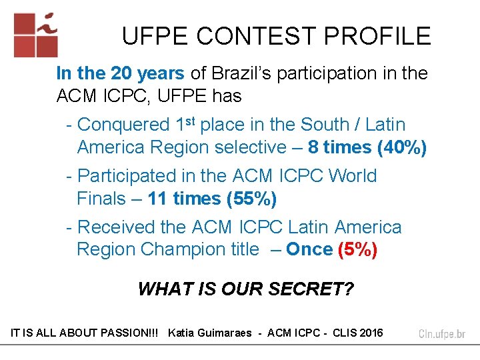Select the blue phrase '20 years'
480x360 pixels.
click(x=142, y=73)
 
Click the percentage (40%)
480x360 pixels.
click(x=401, y=147)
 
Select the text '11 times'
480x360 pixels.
click(x=184, y=198)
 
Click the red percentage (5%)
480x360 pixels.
click(x=358, y=249)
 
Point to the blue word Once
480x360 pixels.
click(x=309, y=249)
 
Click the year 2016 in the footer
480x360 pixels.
click(x=371, y=333)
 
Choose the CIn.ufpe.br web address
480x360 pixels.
click(x=442, y=333)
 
